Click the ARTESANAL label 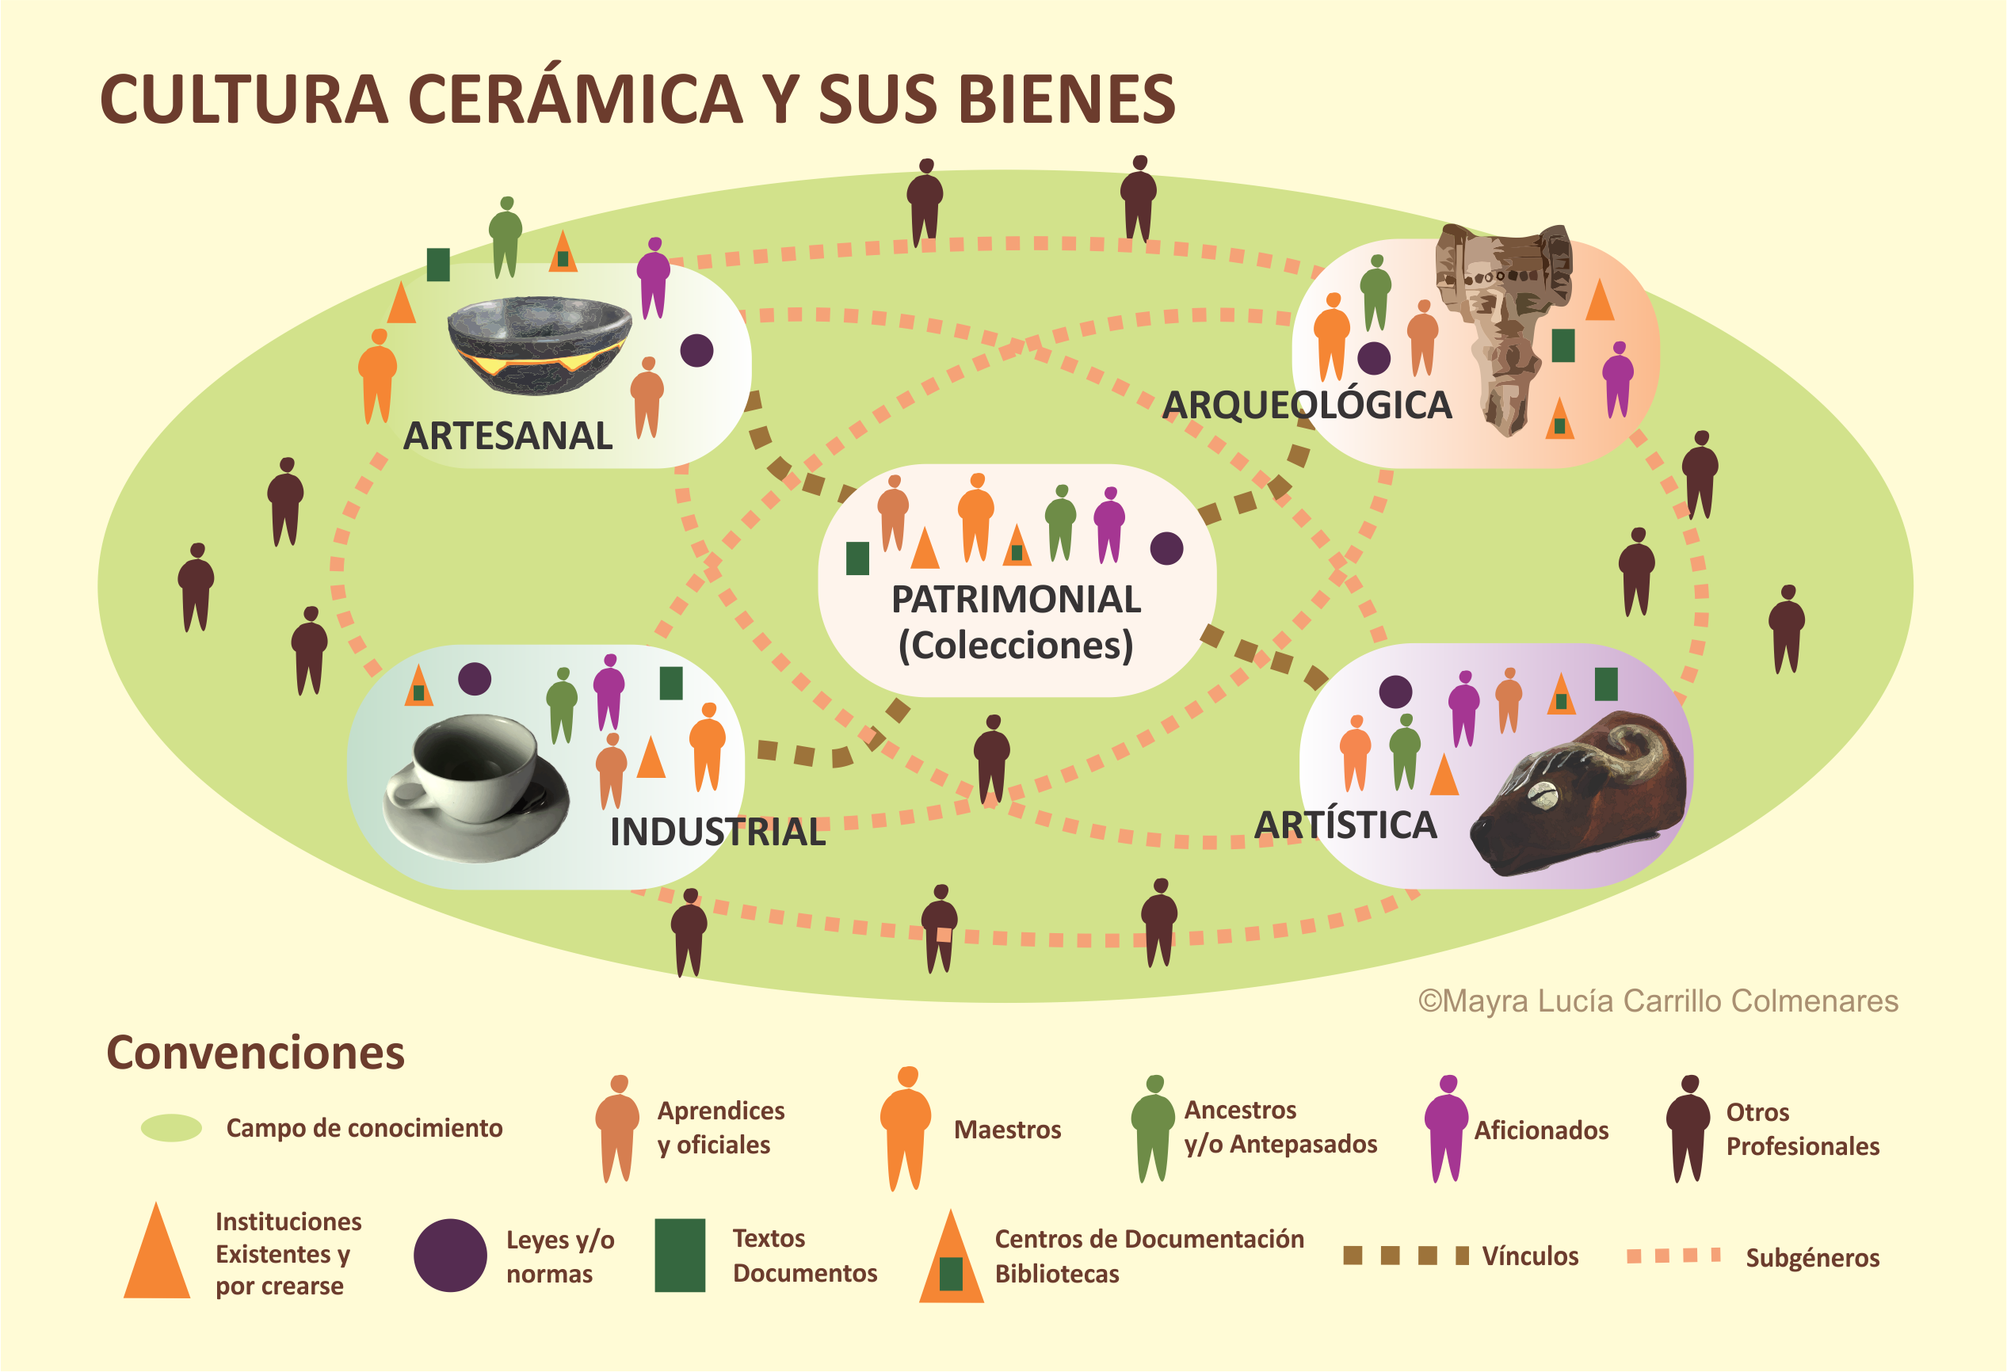(x=508, y=436)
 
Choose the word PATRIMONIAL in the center (x=1016, y=599)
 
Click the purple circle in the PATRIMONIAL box (x=1166, y=548)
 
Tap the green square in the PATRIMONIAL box (x=857, y=558)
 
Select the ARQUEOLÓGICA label (x=1307, y=405)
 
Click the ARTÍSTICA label (x=1345, y=825)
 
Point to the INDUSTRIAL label (x=718, y=833)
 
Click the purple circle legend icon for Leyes (x=450, y=1255)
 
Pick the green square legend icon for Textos (x=680, y=1255)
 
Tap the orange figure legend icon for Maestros (x=905, y=1128)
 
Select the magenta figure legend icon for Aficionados (x=1447, y=1128)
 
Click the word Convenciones (x=256, y=1053)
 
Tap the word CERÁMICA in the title (x=574, y=99)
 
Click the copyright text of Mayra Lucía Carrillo (x=1658, y=1000)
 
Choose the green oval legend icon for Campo (x=171, y=1128)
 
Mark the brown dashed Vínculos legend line (x=1406, y=1256)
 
